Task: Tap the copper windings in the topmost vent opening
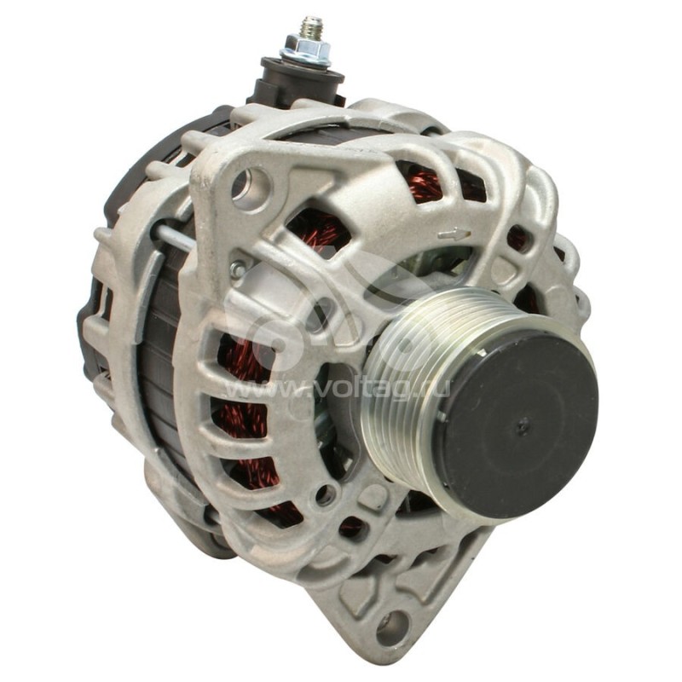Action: pyautogui.click(x=426, y=183)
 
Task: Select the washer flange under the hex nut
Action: pyautogui.click(x=305, y=61)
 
